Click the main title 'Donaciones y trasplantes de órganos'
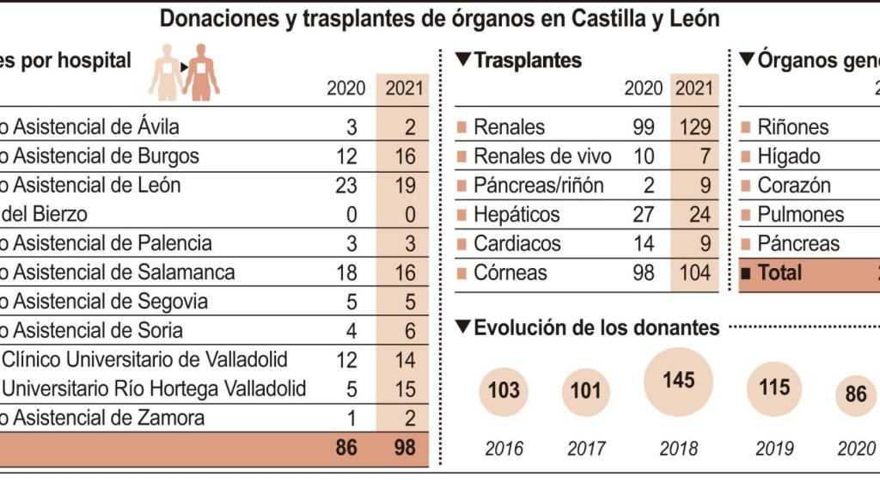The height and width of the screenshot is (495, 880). (x=440, y=19)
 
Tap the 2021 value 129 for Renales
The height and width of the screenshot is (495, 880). (x=694, y=127)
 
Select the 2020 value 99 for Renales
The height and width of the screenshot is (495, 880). (x=643, y=127)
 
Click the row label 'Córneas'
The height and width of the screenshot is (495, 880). (x=510, y=273)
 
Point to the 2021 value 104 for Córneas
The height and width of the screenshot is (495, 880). (x=694, y=273)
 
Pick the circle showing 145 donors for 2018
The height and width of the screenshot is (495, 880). (x=678, y=381)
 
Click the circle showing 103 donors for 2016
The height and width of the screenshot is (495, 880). (x=504, y=391)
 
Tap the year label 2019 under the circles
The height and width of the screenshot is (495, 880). (x=773, y=449)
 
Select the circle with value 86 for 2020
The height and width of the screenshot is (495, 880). (x=856, y=394)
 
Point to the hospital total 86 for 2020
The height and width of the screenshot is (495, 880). (x=345, y=448)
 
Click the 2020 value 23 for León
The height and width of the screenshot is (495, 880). (x=345, y=186)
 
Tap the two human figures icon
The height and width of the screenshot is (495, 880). (x=184, y=72)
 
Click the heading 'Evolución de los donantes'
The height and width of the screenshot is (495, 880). (x=596, y=327)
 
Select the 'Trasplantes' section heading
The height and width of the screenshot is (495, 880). (x=527, y=60)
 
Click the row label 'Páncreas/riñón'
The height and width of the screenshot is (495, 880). (x=538, y=186)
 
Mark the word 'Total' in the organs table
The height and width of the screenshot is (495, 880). (x=779, y=273)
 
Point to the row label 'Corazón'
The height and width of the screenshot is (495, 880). (x=794, y=186)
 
